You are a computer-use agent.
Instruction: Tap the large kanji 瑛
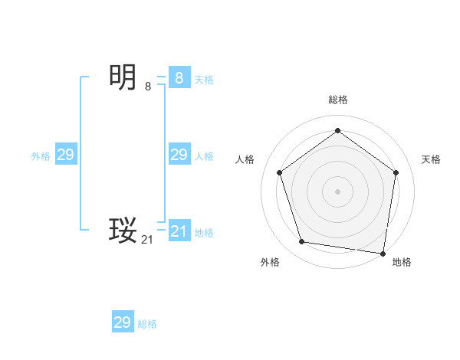point(123,230)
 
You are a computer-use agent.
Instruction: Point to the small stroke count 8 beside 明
point(148,87)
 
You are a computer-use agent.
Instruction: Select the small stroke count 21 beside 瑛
point(147,240)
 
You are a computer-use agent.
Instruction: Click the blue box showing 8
point(179,78)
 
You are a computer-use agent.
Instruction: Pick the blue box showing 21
point(179,231)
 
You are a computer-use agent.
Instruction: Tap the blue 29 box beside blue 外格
point(65,155)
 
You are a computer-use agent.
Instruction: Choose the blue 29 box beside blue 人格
point(179,155)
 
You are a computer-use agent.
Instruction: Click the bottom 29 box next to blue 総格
point(122,322)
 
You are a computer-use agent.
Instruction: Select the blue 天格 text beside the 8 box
point(204,79)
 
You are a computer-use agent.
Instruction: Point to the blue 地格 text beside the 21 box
point(204,233)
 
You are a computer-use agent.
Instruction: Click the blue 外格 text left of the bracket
point(41,156)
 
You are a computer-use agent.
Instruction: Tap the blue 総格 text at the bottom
point(147,324)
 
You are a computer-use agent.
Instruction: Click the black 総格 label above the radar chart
point(337,100)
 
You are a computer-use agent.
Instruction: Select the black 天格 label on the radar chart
point(431,159)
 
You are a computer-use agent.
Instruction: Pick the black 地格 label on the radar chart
point(402,262)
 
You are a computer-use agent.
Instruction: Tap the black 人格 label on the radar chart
point(245,159)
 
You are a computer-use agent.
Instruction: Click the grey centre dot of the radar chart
point(337,191)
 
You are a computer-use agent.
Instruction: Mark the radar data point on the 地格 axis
point(383,253)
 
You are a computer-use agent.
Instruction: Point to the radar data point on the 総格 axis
point(337,131)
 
